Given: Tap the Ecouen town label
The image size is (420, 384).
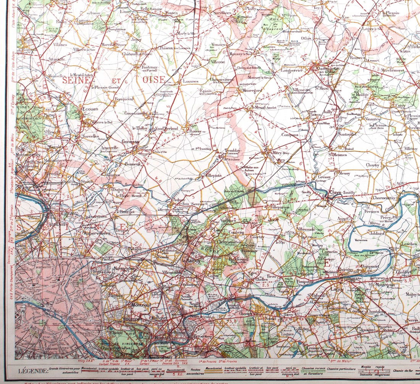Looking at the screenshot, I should (90, 109).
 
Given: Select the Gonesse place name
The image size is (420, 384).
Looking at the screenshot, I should (131, 141).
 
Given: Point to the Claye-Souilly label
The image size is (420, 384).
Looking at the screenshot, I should (342, 192).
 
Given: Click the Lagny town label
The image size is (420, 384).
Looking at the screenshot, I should (337, 289).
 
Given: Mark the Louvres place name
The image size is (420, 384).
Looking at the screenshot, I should (191, 81).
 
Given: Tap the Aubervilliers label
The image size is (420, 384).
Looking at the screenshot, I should (97, 233).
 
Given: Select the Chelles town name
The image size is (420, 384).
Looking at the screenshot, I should (261, 279).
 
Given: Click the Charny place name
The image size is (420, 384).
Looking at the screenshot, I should (373, 165).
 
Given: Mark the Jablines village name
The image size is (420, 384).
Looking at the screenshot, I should (377, 234).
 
